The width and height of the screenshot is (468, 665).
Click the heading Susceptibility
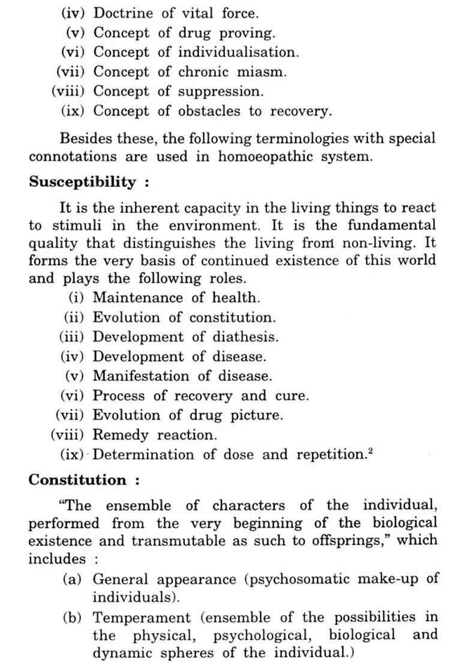pyautogui.click(x=82, y=182)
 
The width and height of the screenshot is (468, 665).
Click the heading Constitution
pyautogui.click(x=77, y=480)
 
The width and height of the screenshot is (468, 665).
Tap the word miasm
pyautogui.click(x=262, y=72)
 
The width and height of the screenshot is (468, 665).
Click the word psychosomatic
pyautogui.click(x=298, y=579)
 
